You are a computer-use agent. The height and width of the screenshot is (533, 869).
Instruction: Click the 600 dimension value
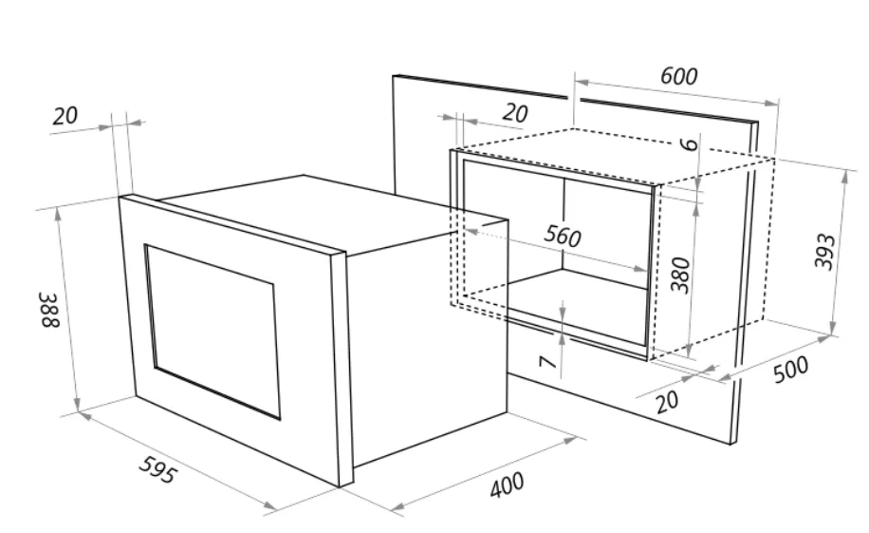pos(678,76)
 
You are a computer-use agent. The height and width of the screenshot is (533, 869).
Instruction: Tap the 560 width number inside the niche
pos(563,237)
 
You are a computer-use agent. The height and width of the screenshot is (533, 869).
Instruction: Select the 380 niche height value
pos(678,274)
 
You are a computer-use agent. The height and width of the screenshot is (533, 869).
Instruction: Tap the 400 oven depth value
pos(507,485)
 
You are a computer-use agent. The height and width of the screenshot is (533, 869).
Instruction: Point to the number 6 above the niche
pos(689,145)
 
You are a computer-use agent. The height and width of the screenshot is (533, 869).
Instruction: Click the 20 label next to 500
pos(667,402)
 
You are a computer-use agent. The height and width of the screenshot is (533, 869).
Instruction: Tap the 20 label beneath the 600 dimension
pos(514,113)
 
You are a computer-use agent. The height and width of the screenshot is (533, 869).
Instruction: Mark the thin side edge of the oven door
pos(337,371)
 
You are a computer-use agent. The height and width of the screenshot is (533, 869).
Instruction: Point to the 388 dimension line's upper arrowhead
pos(60,212)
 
